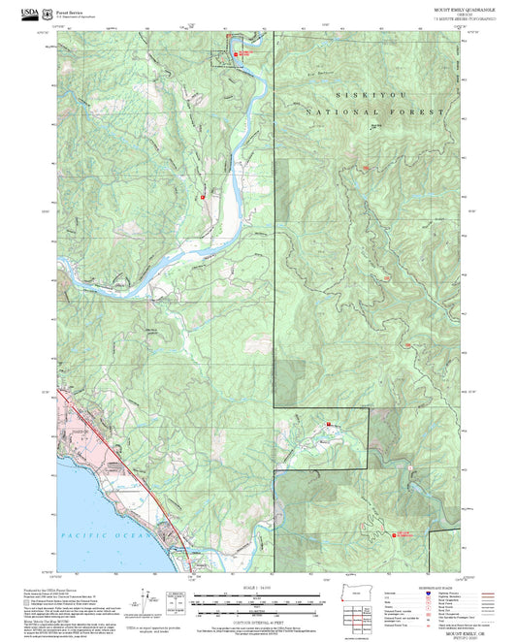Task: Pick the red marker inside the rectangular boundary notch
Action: (x=329, y=424)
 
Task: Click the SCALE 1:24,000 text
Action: (x=253, y=587)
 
